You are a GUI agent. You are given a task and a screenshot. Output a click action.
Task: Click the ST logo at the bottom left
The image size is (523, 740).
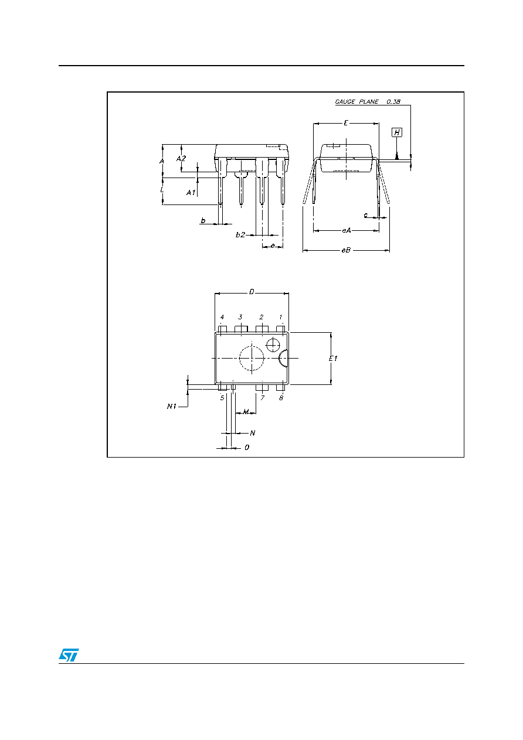pos(69,655)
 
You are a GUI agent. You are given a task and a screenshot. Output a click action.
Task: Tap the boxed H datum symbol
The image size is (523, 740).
pos(397,132)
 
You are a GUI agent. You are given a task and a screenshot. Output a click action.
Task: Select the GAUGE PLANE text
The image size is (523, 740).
pos(356,102)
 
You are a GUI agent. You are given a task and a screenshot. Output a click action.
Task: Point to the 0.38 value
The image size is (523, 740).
pos(393,102)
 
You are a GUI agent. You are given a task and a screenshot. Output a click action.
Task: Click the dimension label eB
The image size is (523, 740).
pos(346,250)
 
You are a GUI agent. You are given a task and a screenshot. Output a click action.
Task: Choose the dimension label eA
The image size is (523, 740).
pos(346,230)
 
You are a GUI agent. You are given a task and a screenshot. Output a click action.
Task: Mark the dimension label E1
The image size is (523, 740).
pos(333,359)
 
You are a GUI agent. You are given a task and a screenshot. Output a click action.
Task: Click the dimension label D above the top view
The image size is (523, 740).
pos(252,292)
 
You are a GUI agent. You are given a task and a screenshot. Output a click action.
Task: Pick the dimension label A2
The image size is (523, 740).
pos(181,159)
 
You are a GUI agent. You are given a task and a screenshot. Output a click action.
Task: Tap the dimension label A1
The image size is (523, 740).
pos(191,193)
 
